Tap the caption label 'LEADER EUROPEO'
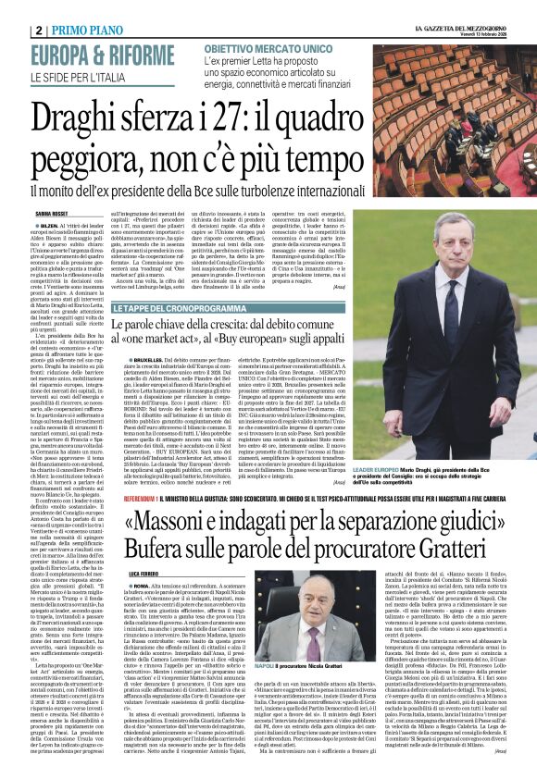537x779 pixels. pos(399,470)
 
